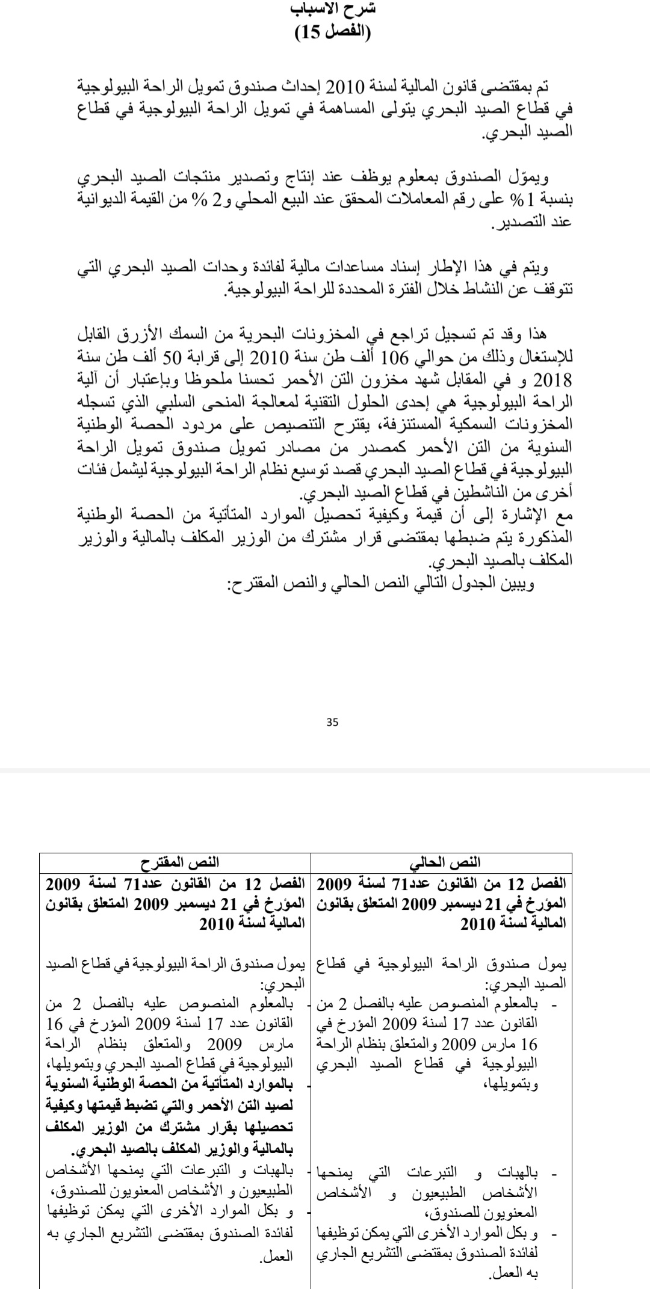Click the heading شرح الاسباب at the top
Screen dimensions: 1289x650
pos(333,10)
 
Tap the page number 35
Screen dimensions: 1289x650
pos(332,722)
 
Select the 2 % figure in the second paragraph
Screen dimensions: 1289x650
pos(212,200)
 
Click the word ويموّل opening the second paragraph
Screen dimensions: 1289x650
pos(530,178)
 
